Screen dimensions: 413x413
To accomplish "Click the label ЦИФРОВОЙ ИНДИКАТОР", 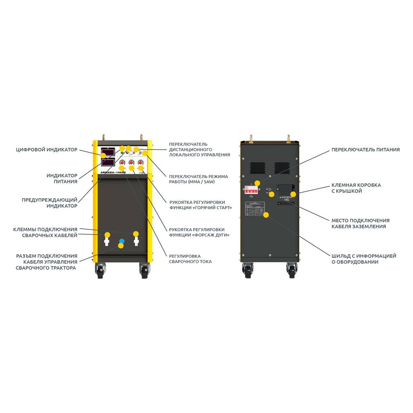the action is pyautogui.click(x=46, y=150).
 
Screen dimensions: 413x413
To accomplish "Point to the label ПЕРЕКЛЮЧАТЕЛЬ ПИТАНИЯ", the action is pyautogui.click(x=366, y=150).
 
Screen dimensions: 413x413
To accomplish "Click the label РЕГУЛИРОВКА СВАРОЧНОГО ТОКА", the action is pyautogui.click(x=190, y=259).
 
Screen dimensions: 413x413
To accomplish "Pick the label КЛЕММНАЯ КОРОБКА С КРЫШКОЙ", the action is pyautogui.click(x=356, y=188).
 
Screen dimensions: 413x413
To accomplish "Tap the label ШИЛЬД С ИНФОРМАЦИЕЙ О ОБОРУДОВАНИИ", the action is pyautogui.click(x=364, y=259).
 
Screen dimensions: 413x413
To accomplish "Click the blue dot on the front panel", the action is pyautogui.click(x=121, y=240).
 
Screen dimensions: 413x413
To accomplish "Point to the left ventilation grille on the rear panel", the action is pyautogui.click(x=257, y=168).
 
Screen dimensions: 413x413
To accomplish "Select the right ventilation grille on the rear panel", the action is pyautogui.click(x=282, y=168).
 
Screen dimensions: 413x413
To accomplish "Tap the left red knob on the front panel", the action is pyautogui.click(x=122, y=162).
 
